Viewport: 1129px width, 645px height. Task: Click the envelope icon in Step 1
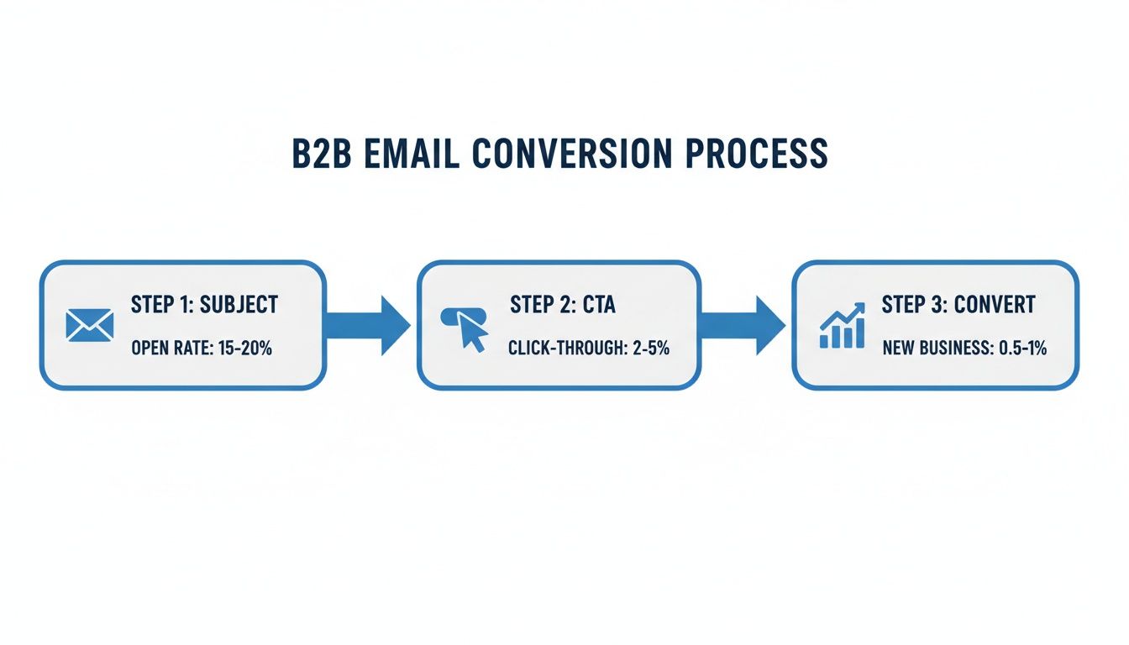(x=89, y=325)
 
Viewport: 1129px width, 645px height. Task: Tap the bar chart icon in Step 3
(x=842, y=328)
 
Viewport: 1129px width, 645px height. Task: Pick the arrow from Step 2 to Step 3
(x=743, y=325)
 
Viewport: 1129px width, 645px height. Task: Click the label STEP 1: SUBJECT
(x=204, y=304)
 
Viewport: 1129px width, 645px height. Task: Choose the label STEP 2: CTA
(x=562, y=304)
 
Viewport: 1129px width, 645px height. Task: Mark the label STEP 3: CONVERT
(x=958, y=304)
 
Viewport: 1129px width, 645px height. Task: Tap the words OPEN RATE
(x=167, y=348)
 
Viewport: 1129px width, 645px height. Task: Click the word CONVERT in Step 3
(x=994, y=304)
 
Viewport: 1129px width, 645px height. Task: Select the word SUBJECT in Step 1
(x=239, y=304)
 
